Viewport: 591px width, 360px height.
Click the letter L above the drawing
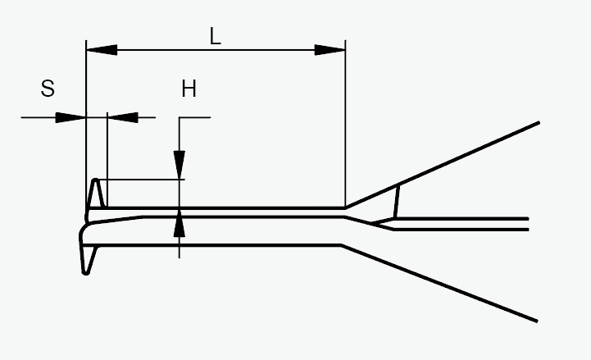coord(215,36)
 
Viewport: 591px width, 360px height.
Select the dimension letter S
coord(48,88)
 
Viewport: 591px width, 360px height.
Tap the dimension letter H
coord(189,89)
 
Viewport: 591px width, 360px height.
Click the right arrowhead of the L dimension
coord(330,50)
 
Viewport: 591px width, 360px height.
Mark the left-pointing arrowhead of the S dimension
coord(122,117)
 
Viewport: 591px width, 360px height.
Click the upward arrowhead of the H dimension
coord(180,224)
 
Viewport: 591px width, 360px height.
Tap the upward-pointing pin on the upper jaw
coord(97,193)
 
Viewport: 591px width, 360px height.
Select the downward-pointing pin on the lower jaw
coord(87,261)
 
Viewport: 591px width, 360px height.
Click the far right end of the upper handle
coord(538,123)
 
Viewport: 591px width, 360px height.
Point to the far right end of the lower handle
coord(536,320)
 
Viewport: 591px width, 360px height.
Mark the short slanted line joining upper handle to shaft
coord(398,202)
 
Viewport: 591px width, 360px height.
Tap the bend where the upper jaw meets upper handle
coord(345,207)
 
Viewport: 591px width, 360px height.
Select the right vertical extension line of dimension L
coord(345,123)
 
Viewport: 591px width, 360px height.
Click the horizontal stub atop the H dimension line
coord(195,117)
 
